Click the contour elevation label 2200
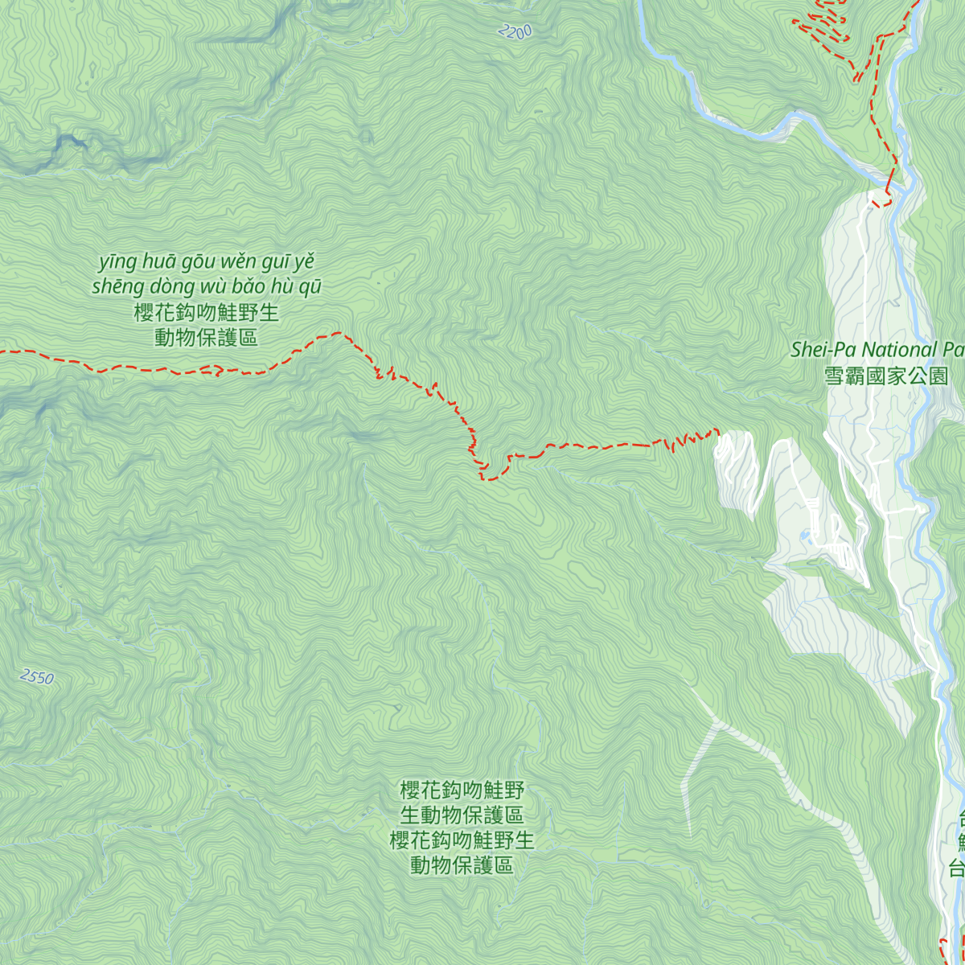[515, 32]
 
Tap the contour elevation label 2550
[37, 677]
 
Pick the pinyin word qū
[310, 287]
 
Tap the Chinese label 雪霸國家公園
[886, 376]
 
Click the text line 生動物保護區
[462, 815]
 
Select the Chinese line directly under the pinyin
[207, 312]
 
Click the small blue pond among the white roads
[805, 534]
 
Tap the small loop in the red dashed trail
[216, 370]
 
